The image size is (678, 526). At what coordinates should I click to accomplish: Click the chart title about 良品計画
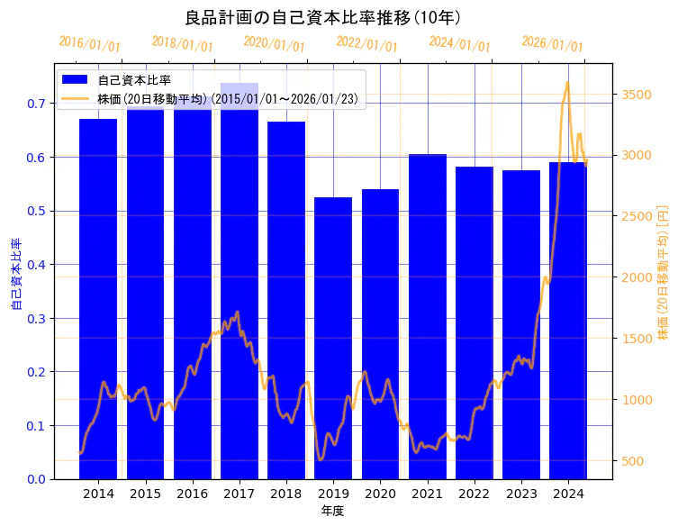click(323, 18)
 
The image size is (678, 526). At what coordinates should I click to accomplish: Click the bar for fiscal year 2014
click(98, 298)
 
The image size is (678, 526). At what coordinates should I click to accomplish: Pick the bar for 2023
click(521, 324)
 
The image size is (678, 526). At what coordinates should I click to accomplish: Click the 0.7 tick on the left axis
click(35, 104)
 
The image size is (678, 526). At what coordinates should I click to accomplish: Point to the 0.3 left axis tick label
click(35, 318)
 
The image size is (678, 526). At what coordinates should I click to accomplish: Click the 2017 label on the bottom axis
click(240, 494)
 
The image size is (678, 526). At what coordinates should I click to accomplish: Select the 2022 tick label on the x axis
click(475, 494)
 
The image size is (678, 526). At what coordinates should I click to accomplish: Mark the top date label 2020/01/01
click(275, 43)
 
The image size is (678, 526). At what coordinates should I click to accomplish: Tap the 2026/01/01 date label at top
click(552, 43)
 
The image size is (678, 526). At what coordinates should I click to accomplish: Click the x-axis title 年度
click(333, 511)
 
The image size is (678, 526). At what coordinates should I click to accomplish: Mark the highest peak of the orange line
click(567, 83)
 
